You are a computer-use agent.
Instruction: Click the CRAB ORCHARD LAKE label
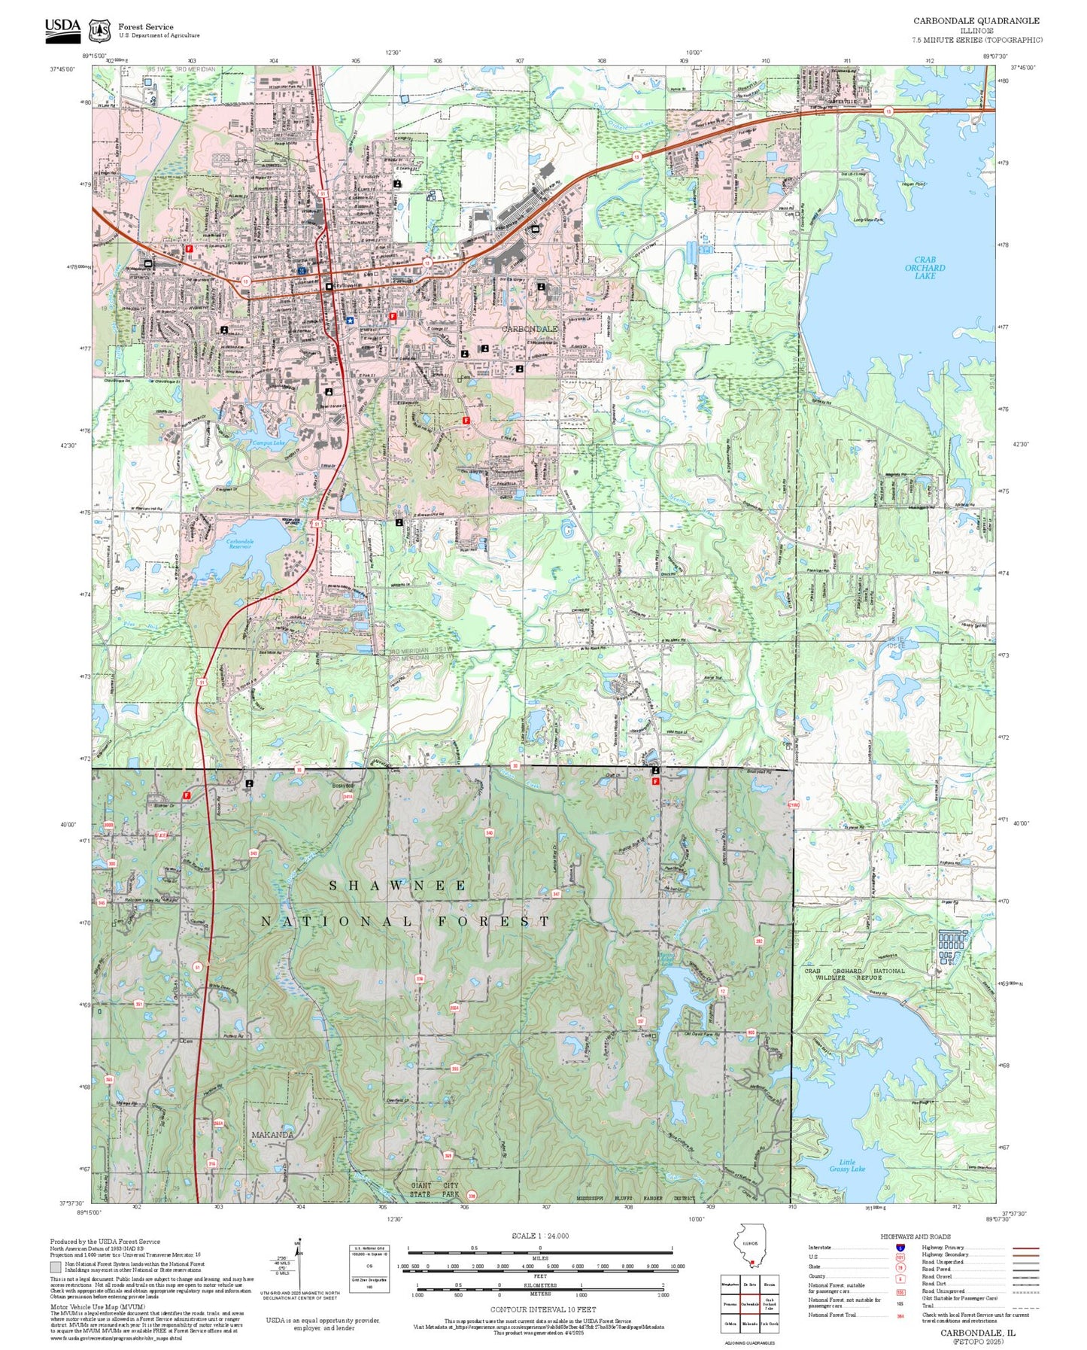925,268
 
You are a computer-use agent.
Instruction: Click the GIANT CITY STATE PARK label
435,1190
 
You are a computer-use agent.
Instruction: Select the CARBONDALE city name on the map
530,329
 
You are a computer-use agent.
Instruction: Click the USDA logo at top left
62,27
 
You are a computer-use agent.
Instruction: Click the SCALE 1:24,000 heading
539,1236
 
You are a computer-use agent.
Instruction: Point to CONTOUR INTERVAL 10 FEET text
539,1309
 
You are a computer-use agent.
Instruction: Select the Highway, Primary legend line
1025,1248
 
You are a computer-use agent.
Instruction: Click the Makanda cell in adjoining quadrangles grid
750,1323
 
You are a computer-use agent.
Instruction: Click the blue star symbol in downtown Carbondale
350,320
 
